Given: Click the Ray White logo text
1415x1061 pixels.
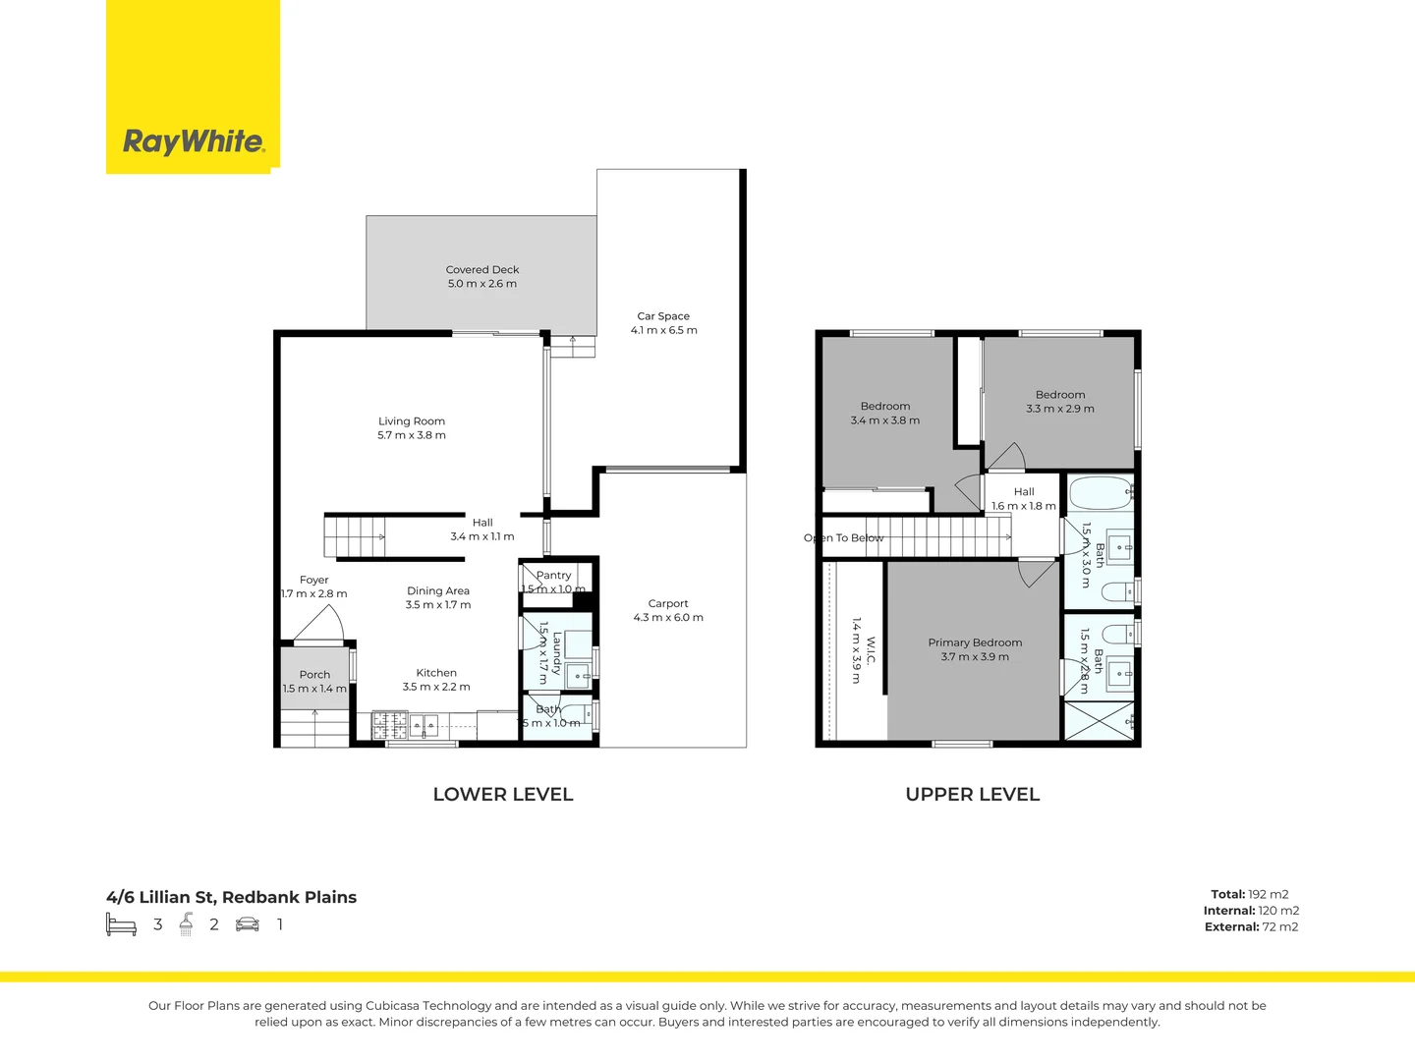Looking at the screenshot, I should click(194, 141).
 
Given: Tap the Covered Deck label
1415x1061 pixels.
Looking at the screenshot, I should click(482, 269).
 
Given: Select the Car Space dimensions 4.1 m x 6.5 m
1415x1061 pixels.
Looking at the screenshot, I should click(664, 330).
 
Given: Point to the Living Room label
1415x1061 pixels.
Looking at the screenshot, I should click(412, 421).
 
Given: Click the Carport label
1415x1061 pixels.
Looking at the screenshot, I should click(668, 604).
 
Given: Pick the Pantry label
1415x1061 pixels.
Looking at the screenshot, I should click(554, 576).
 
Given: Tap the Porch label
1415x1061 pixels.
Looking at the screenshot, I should click(314, 675).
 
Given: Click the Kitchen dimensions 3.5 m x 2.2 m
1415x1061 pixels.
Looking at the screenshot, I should click(436, 687).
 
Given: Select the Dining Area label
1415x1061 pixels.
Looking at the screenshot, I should click(438, 591).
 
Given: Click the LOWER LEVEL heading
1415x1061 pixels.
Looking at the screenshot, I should click(503, 794).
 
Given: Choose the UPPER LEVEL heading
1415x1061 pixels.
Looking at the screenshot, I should click(973, 794).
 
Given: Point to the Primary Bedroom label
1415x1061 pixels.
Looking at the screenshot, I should click(975, 642).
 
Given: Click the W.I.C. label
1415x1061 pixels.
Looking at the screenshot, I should click(871, 651).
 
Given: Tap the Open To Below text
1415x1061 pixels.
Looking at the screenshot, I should click(844, 538).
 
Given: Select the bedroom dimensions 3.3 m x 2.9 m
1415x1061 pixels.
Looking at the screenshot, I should click(1060, 409).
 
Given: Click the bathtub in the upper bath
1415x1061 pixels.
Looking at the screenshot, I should click(1100, 493).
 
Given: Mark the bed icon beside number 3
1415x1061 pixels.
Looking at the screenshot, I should click(121, 924).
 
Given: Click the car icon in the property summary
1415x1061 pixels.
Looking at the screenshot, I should click(248, 924).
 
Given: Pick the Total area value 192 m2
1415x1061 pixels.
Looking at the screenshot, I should click(1269, 894).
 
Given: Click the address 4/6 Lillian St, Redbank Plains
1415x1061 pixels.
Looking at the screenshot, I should click(232, 897).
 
